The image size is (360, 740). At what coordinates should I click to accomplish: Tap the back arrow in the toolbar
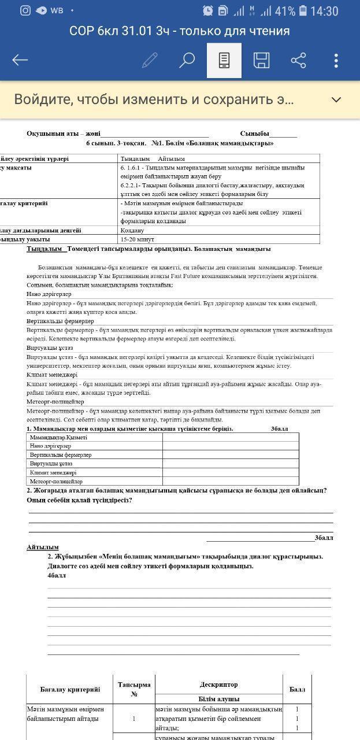pos(20,60)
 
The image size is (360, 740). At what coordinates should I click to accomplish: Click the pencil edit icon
pos(150,60)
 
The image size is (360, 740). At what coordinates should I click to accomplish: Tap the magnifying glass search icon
pos(187,60)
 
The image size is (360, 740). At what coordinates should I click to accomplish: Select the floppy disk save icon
pos(261,60)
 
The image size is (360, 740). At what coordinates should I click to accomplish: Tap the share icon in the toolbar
pos(298,60)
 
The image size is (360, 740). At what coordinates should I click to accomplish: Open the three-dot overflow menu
pos(336,60)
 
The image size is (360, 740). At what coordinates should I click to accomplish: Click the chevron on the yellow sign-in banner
pos(336,99)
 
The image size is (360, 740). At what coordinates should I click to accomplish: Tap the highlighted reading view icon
pos(224,60)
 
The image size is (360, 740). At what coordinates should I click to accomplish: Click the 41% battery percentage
pos(285,11)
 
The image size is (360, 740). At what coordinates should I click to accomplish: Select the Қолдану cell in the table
pos(132,230)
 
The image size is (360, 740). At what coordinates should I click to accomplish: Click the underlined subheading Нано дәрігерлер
pos(49,294)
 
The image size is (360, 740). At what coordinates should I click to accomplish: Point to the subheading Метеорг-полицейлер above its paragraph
pos(55,401)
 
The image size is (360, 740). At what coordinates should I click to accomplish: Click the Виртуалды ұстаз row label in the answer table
pos(51,464)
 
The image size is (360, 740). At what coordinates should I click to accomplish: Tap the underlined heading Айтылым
pos(42,547)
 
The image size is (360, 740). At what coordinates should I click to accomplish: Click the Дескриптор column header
pos(218,684)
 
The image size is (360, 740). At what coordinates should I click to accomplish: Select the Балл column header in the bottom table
pos(298,689)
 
